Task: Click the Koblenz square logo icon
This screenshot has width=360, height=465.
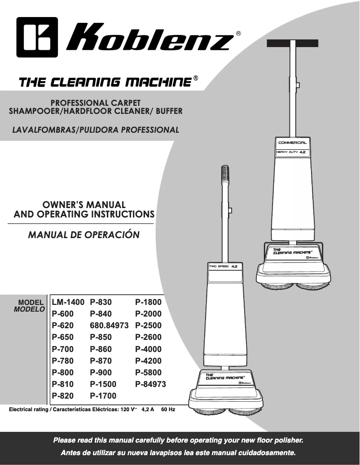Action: pyautogui.click(x=37, y=37)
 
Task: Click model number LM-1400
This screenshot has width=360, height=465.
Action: pyautogui.click(x=68, y=302)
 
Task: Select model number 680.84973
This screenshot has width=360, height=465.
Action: pyautogui.click(x=110, y=326)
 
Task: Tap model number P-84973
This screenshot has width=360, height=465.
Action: pyautogui.click(x=150, y=384)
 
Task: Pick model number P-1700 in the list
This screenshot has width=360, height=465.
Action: pyautogui.click(x=103, y=396)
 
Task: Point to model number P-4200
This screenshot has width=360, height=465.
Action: pyautogui.click(x=148, y=361)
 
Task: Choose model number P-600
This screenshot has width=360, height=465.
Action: pyautogui.click(x=62, y=314)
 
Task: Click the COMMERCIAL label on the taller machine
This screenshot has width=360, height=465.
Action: pyautogui.click(x=293, y=143)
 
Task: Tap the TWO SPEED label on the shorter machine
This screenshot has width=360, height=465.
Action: pyautogui.click(x=219, y=267)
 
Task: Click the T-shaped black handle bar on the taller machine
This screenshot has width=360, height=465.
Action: pyautogui.click(x=293, y=43)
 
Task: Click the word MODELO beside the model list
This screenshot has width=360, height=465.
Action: pyautogui.click(x=30, y=309)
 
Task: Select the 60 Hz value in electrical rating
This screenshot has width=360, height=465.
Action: pyautogui.click(x=168, y=409)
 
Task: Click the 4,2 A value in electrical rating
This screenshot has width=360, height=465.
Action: pyautogui.click(x=148, y=409)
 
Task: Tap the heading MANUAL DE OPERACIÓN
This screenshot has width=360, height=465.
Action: pyautogui.click(x=83, y=235)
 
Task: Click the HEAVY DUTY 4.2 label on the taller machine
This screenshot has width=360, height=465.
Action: pyautogui.click(x=291, y=152)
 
